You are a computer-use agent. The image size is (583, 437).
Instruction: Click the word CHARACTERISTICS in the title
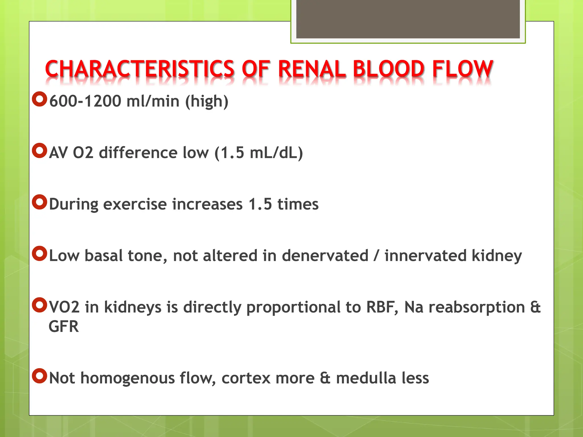tap(139, 69)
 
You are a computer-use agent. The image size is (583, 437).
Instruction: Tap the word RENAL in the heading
tap(312, 69)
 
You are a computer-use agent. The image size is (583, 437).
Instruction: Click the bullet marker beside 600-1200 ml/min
tap(39, 99)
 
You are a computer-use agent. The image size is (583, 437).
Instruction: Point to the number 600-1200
tap(85, 101)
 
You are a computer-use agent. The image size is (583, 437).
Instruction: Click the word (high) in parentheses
tap(207, 101)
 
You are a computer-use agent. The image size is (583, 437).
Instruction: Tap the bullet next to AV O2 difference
tap(39, 151)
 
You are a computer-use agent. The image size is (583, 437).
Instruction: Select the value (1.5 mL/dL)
tap(258, 153)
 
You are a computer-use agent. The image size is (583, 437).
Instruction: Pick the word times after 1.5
tap(298, 204)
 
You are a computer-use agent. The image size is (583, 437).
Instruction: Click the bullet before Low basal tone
tap(39, 253)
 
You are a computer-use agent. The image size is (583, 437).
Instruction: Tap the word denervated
tap(325, 256)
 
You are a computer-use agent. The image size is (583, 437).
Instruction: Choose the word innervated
tap(425, 256)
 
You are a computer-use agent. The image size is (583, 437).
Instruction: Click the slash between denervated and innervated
tap(376, 256)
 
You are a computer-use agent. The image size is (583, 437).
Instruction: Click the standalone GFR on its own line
tap(63, 327)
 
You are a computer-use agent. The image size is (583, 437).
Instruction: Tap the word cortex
tap(246, 378)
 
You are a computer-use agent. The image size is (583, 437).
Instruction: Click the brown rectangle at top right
tap(408, 19)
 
